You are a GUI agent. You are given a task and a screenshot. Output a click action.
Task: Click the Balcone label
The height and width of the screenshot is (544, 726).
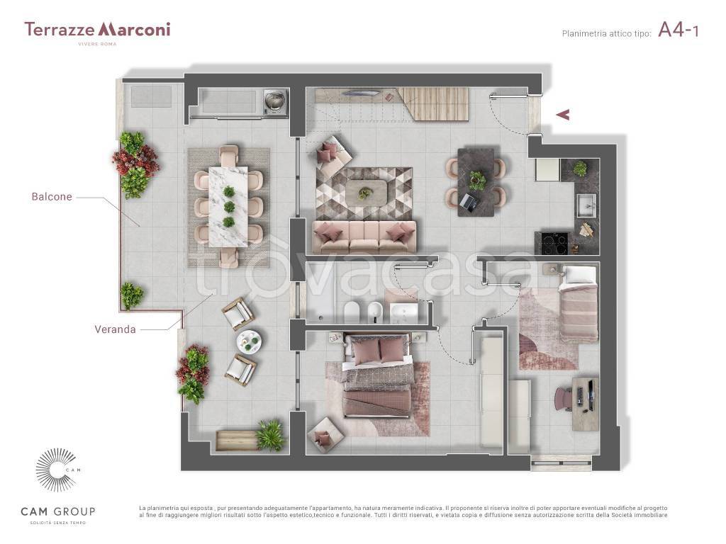tap(52, 197)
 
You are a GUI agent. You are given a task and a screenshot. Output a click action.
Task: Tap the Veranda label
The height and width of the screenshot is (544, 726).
tap(115, 329)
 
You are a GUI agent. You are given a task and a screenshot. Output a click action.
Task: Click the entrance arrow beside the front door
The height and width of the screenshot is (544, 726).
tap(562, 114)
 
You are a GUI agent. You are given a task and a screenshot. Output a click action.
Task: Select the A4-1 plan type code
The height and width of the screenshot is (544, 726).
tap(678, 30)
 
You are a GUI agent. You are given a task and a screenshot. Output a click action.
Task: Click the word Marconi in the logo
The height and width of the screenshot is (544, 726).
tap(134, 29)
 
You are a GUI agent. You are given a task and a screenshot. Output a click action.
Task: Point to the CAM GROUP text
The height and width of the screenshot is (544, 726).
tap(58, 511)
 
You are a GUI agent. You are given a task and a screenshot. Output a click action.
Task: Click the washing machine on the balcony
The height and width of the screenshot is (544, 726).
tap(275, 101)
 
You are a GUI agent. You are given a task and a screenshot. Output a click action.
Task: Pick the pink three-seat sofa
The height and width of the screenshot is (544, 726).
tap(364, 237)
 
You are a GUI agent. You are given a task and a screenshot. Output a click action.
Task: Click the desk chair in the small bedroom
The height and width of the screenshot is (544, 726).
tap(565, 399)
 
